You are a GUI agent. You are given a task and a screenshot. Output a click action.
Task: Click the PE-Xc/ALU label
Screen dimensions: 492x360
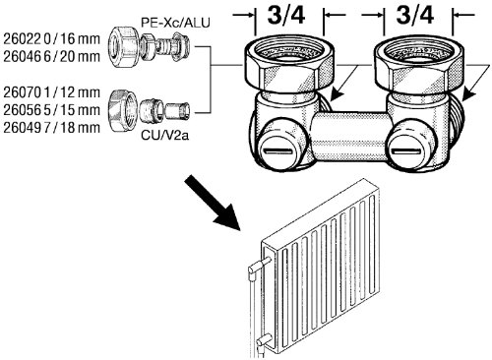(175, 23)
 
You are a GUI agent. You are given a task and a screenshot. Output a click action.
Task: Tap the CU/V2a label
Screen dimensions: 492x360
(164, 135)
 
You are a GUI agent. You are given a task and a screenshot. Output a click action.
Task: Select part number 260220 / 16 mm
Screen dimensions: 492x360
(51, 39)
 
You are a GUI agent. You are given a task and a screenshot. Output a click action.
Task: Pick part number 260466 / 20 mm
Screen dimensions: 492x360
(51, 56)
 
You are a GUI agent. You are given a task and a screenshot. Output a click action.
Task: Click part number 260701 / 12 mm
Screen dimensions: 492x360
(51, 92)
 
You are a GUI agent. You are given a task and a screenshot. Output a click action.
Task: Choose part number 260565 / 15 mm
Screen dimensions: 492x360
(51, 110)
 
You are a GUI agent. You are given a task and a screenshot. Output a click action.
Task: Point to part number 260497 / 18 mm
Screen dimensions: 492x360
(51, 127)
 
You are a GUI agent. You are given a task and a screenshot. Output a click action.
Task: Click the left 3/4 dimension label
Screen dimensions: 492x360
(286, 16)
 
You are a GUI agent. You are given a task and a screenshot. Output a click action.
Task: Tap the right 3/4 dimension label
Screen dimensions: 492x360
(415, 16)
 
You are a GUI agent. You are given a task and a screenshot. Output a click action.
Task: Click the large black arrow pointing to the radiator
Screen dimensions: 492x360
(214, 204)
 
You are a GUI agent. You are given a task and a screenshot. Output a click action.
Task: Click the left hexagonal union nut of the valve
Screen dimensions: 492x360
(289, 66)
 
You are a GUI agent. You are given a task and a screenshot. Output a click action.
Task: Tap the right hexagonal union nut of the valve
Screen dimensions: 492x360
(419, 66)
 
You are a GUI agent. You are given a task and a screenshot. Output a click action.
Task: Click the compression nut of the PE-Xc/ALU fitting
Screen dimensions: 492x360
(122, 47)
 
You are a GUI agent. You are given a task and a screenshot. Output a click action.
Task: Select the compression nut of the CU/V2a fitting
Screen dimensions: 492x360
(122, 110)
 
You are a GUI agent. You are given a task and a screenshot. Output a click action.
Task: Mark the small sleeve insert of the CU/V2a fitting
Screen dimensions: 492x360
(176, 111)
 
